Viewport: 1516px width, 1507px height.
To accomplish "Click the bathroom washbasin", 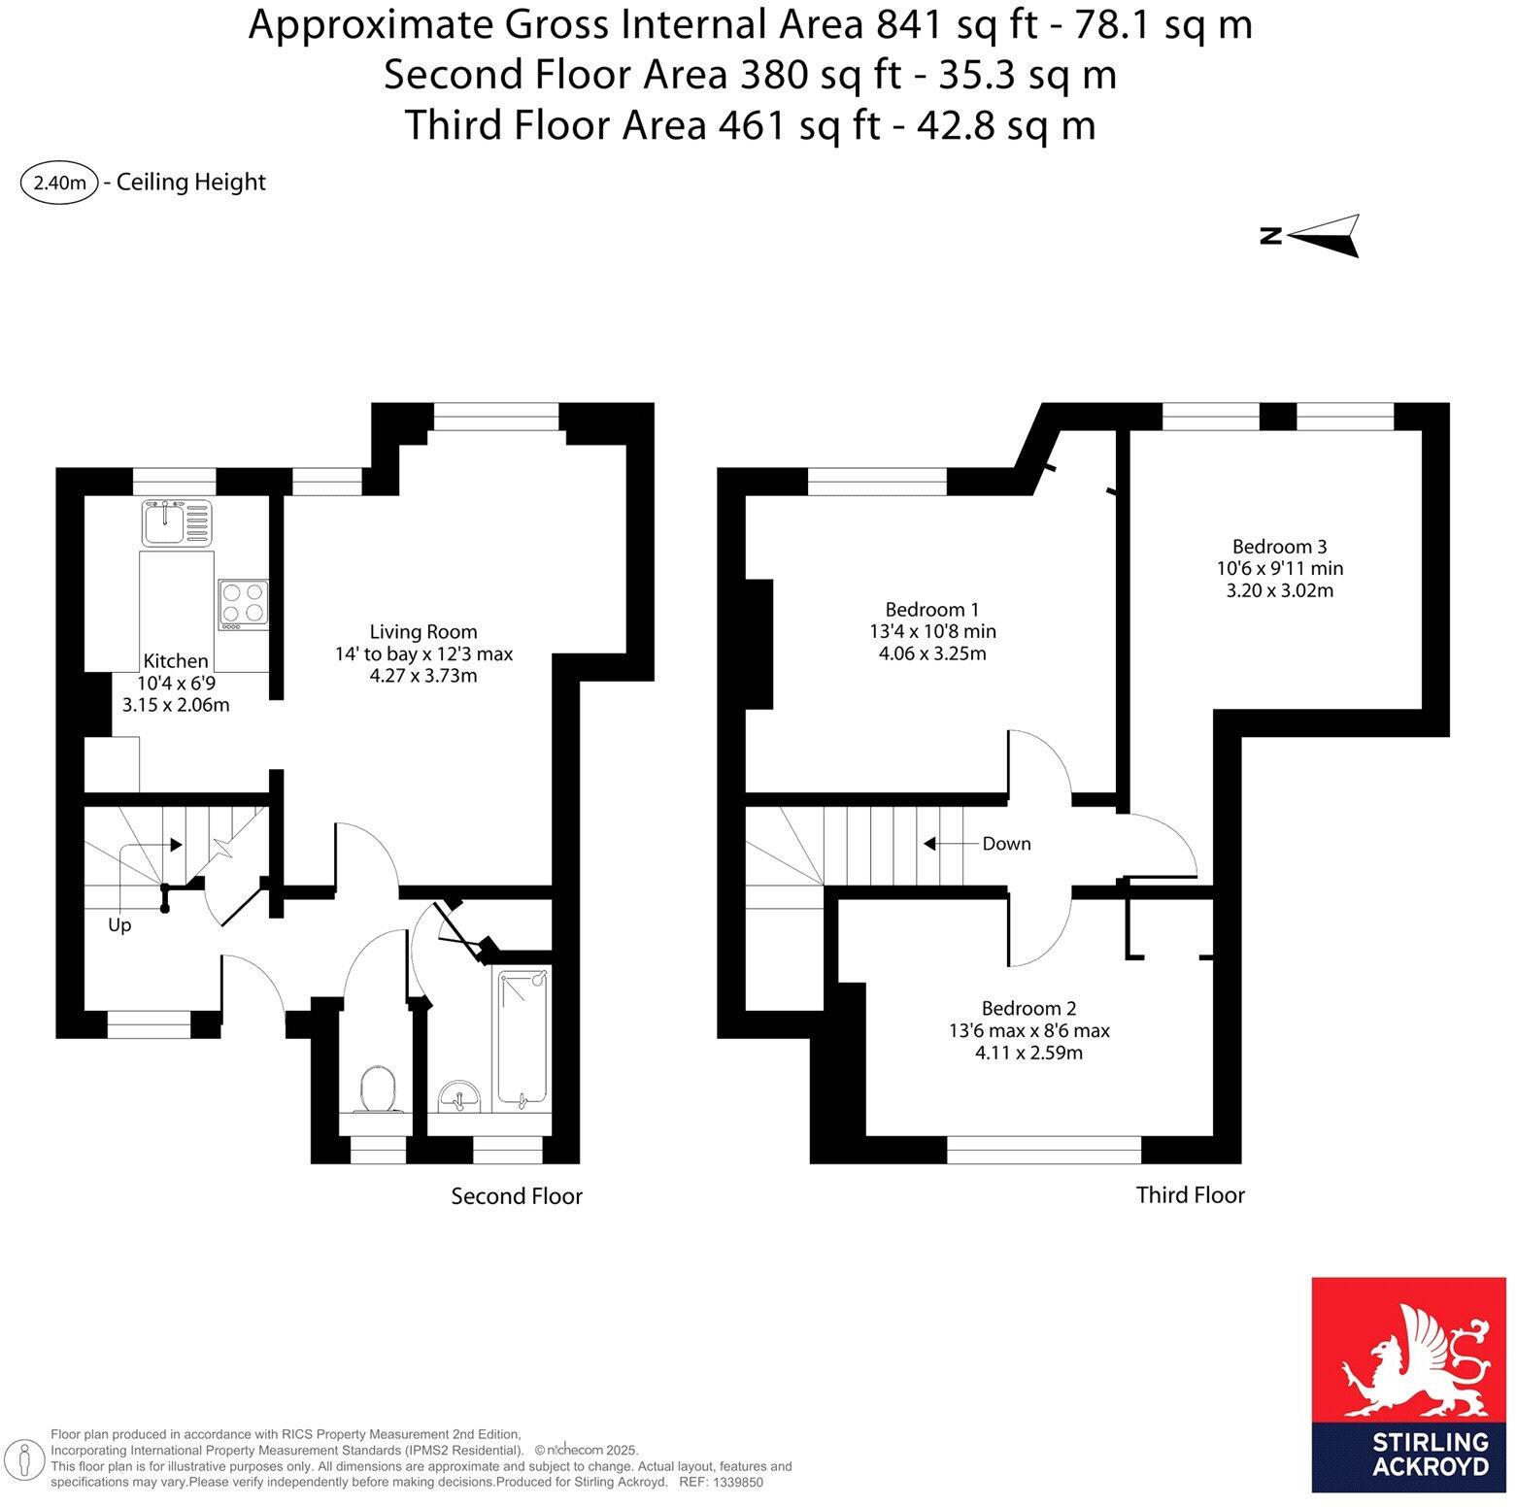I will click(458, 1096).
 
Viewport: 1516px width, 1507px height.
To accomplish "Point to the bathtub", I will click(522, 1038).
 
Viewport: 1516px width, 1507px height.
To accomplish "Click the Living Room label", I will click(423, 631).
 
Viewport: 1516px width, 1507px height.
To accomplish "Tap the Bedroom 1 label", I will click(931, 609).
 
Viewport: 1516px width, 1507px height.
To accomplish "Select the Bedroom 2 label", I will click(1028, 1008).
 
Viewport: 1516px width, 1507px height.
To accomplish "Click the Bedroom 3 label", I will click(1279, 546).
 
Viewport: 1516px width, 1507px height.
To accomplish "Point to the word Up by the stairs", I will click(119, 924).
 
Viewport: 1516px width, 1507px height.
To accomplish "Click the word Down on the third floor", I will click(1006, 843).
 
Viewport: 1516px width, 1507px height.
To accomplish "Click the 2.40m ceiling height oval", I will click(59, 183).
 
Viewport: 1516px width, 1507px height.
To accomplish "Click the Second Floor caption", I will click(516, 1196).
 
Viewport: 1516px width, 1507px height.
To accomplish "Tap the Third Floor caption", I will click(1190, 1194).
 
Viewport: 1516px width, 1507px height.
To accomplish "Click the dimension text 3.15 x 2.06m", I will click(176, 705).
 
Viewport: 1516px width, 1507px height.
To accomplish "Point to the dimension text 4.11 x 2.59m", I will click(1028, 1053).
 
